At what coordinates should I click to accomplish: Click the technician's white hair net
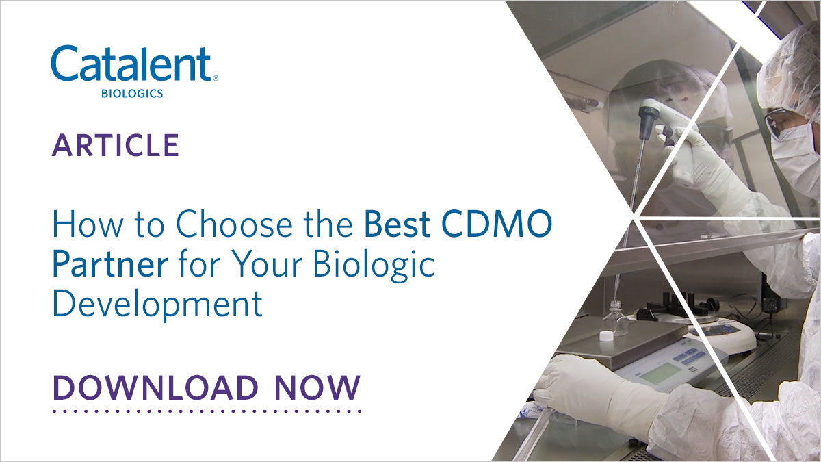pos(794,68)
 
